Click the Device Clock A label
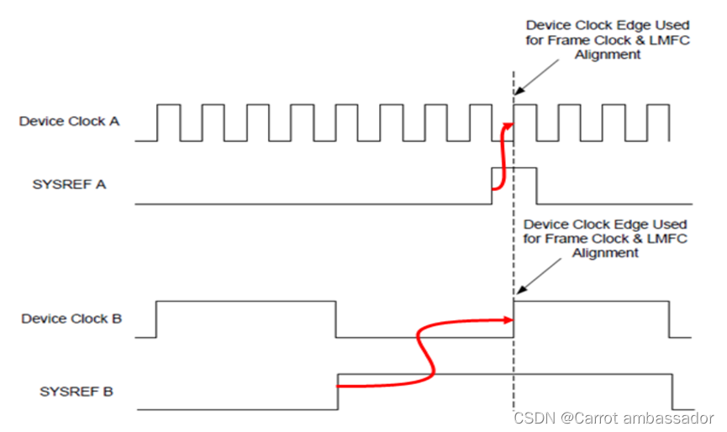69,121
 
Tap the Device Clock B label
71,319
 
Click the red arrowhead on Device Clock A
508,124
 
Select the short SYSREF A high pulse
514,169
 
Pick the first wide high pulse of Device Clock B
246,301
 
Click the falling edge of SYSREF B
672,392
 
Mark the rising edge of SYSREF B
338,392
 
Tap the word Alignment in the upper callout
608,55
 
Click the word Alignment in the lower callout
605,253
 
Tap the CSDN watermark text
532,417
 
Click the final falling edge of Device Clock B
670,319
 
